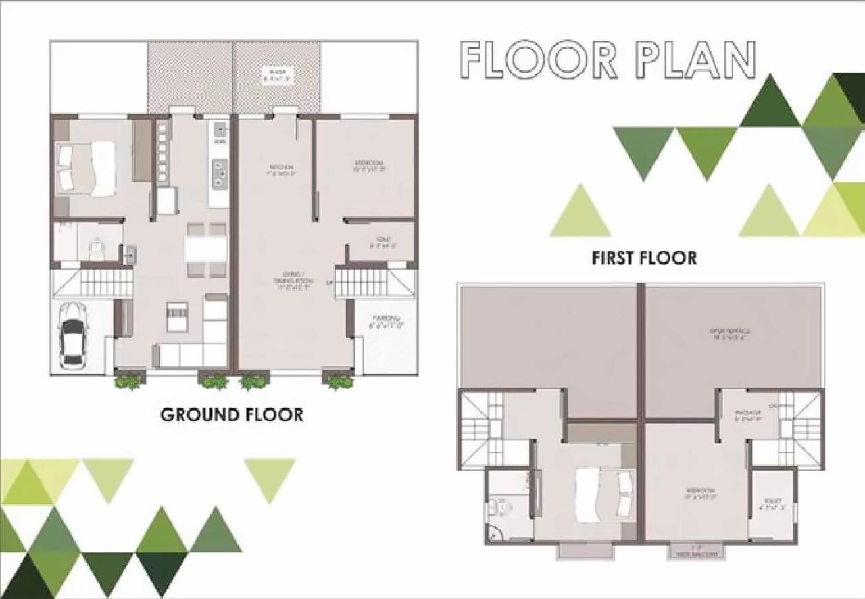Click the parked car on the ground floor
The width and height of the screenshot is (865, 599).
pos(72,335)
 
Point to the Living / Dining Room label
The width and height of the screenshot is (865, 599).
pos(293,279)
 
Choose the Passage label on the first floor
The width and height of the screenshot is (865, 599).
pos(748,414)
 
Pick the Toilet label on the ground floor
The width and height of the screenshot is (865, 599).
pos(382,242)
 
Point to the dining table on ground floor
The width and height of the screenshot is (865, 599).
pos(206,249)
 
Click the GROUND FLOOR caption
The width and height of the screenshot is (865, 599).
pos(232,414)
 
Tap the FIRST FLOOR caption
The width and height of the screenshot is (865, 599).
pos(644,258)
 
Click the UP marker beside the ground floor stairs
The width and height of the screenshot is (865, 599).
pos(330,282)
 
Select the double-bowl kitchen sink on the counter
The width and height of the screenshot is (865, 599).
pos(220,173)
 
